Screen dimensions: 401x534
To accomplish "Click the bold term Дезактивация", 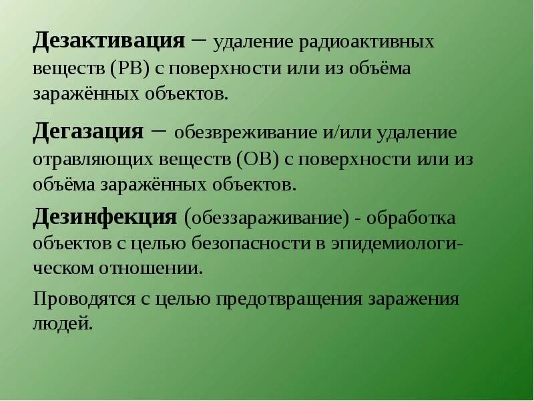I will pyautogui.click(x=109, y=41).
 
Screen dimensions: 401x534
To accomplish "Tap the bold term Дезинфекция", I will pyautogui.click(x=105, y=217).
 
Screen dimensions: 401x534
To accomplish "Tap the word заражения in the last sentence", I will pyautogui.click(x=413, y=299).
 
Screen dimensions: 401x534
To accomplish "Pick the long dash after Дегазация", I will pyautogui.click(x=159, y=130).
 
